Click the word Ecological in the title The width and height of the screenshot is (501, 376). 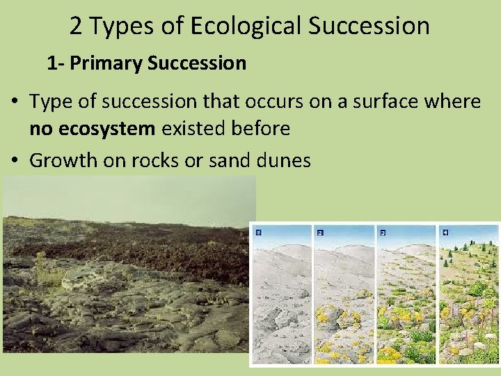tap(241, 26)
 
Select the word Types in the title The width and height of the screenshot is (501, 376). tap(118, 26)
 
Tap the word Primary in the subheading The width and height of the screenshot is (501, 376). tap(106, 63)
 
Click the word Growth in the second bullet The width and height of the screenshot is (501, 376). tap(63, 160)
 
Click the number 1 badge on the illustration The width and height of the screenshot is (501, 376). tap(258, 231)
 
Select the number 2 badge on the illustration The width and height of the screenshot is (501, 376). tap(320, 231)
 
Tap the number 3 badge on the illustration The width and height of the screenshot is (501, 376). tap(382, 231)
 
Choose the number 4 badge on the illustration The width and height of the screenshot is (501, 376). tap(445, 231)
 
